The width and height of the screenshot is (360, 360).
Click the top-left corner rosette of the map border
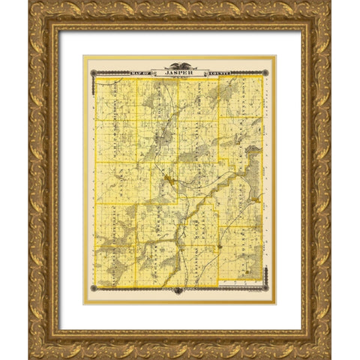pyautogui.click(x=92, y=72)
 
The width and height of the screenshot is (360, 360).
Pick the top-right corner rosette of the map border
pyautogui.click(x=268, y=72)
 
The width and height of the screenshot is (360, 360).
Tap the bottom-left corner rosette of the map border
pyautogui.click(x=92, y=291)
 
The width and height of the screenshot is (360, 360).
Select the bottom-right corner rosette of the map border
pyautogui.click(x=268, y=291)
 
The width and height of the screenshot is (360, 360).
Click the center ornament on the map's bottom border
pyautogui.click(x=180, y=291)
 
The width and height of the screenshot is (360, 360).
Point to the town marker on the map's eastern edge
pyautogui.click(x=258, y=200)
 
